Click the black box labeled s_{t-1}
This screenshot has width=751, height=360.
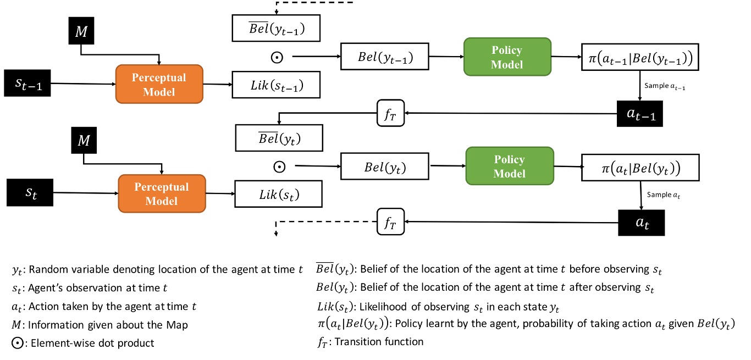[x=28, y=84]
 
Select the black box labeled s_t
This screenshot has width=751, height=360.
[x=28, y=192]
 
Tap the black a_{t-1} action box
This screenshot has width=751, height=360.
[x=639, y=114]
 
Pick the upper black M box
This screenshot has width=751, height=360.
[x=81, y=30]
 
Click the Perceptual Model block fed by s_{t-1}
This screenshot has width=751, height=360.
[x=159, y=84]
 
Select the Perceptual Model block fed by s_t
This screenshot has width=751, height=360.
[x=162, y=193]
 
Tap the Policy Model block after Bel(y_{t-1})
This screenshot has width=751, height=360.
[x=507, y=57]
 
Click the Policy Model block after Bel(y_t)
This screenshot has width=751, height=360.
[x=509, y=166]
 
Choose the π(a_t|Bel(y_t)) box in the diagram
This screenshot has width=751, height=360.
[x=640, y=165]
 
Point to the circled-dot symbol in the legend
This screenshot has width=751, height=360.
[x=17, y=343]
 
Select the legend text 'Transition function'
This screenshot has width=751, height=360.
[x=379, y=342]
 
